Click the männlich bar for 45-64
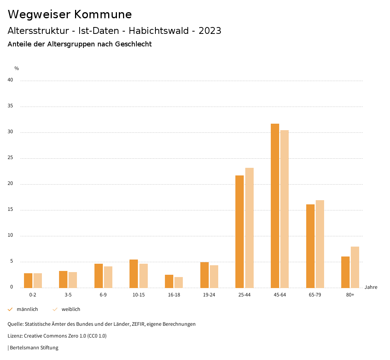pos(275,205)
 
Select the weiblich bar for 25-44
pos(249,228)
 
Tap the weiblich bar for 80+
pos(355,267)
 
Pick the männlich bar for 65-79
pos(310,246)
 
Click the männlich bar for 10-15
pos(134,274)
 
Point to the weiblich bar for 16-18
pos(179,282)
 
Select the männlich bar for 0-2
pos(28,280)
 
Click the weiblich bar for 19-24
pos(214,276)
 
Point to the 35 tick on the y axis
pos(10,106)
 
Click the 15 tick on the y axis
pos(10,210)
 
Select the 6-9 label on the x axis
pos(103,295)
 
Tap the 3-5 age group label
pos(68,295)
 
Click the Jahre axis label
pos(371,287)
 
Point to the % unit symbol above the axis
pos(17,68)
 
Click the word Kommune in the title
pos(103,14)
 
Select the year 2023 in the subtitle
pos(210,31)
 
